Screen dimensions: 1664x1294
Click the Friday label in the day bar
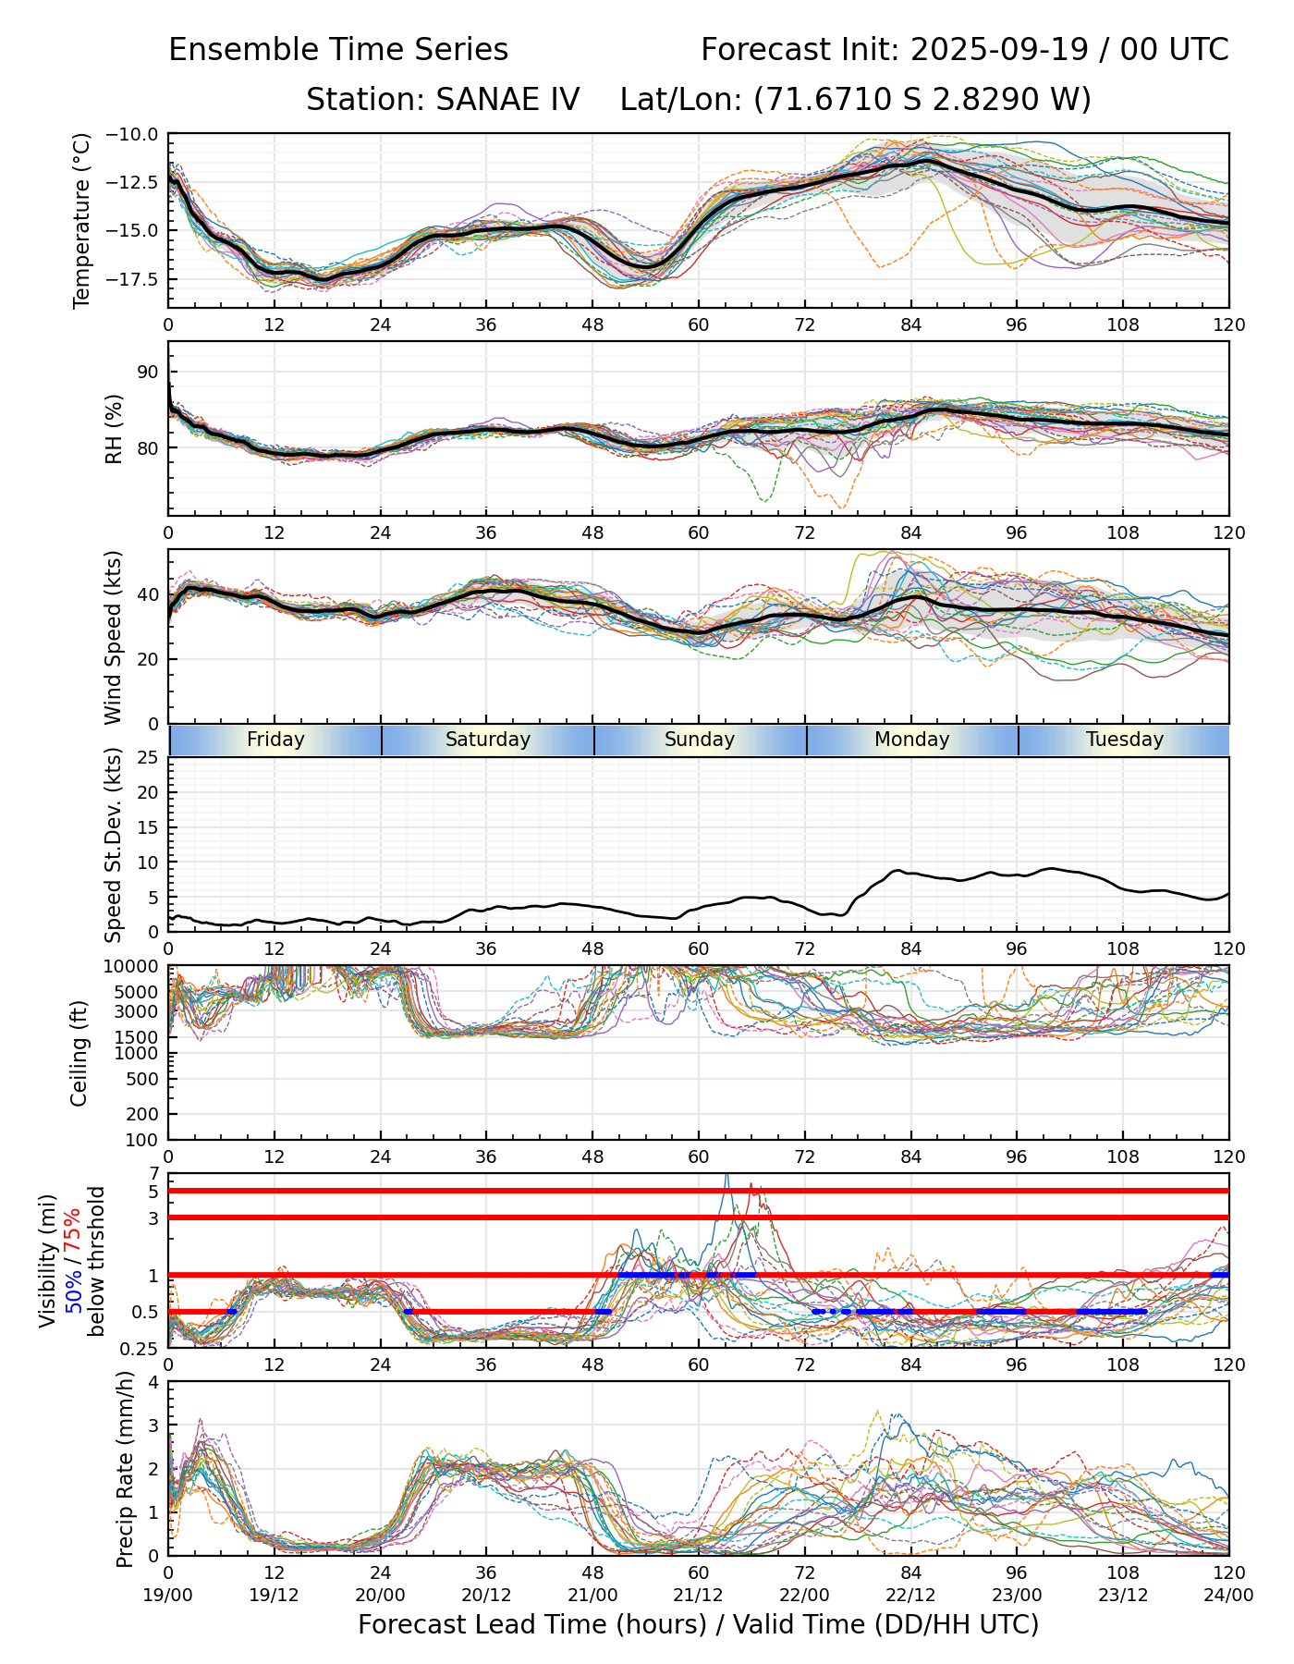pyautogui.click(x=275, y=740)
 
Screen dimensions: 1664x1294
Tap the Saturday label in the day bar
pyautogui.click(x=488, y=740)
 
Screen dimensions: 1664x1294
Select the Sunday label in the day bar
pyautogui.click(x=700, y=740)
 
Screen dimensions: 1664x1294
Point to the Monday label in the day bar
pyautogui.click(x=912, y=740)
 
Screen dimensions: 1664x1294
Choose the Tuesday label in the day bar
pyautogui.click(x=1125, y=740)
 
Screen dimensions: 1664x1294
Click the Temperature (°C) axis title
pyautogui.click(x=82, y=220)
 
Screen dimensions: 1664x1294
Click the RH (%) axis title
pyautogui.click(x=114, y=428)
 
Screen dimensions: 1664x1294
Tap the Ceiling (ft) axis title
pyautogui.click(x=79, y=1053)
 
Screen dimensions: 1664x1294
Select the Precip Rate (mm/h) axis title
pyautogui.click(x=125, y=1469)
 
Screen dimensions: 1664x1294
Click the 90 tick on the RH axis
pyautogui.click(x=148, y=372)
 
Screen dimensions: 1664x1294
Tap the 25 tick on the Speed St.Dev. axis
pyautogui.click(x=148, y=758)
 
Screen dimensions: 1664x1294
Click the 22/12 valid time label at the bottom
pyautogui.click(x=910, y=1596)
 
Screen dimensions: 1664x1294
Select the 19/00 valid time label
pyautogui.click(x=168, y=1596)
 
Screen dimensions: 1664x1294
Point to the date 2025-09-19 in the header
pyautogui.click(x=996, y=50)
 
